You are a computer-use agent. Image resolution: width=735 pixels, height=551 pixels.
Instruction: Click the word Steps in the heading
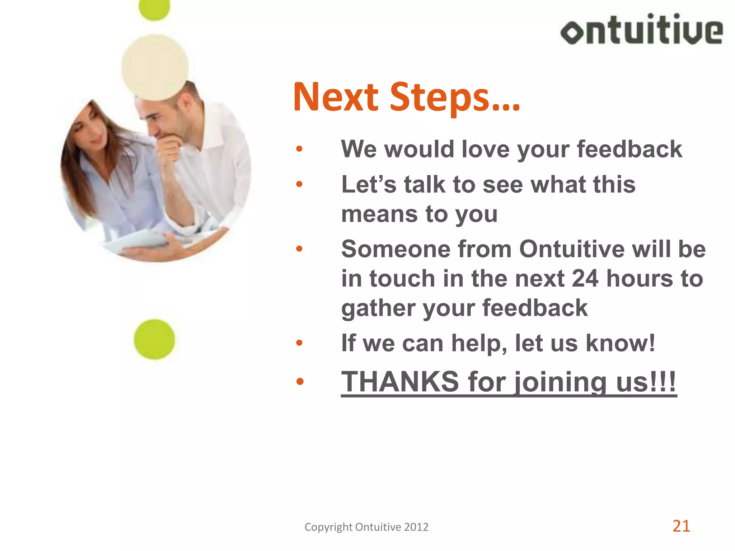coord(455,97)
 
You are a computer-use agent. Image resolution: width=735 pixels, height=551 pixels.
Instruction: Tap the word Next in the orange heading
coord(336,97)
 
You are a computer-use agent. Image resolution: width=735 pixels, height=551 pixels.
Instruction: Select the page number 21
coord(681,526)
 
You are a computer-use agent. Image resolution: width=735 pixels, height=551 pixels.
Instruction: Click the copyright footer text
coord(366,527)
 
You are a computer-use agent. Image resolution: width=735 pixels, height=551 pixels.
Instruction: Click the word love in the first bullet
coord(485,149)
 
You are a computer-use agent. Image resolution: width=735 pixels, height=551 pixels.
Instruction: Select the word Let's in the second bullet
coord(369,185)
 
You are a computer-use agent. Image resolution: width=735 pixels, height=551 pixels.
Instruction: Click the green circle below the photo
coord(154,339)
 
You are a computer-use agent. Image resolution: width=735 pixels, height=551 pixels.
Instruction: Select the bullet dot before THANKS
coord(300,382)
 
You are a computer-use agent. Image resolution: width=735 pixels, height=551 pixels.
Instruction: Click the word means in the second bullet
coord(379,214)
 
